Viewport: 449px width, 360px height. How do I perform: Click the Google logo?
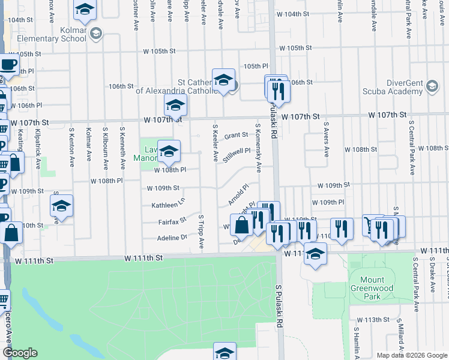click(x=19, y=353)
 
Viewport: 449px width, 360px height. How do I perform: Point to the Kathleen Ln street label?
click(x=169, y=205)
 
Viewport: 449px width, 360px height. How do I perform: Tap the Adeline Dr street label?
click(x=172, y=238)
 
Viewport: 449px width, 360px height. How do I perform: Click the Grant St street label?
click(x=236, y=136)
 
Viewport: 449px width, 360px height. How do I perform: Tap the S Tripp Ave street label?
click(x=202, y=233)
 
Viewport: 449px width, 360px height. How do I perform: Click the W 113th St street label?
click(x=373, y=320)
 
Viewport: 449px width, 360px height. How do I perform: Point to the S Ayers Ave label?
click(x=326, y=140)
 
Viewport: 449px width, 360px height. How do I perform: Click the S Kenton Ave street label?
click(x=71, y=146)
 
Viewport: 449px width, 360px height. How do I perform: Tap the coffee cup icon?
click(x=8, y=64)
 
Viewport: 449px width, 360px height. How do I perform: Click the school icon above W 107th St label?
click(x=175, y=106)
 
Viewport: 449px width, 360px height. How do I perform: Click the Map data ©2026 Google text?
click(x=411, y=355)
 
